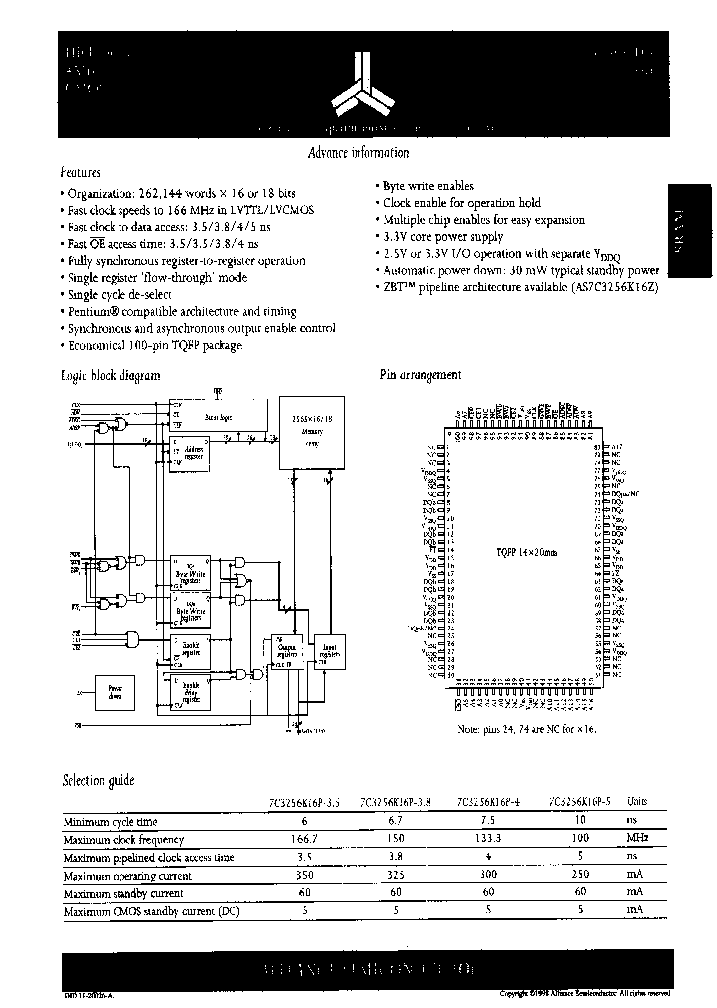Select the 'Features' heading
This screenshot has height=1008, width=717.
point(81,172)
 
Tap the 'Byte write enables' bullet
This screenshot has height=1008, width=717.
point(427,186)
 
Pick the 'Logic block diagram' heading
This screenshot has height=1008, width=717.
point(112,376)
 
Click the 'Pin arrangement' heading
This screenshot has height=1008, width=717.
point(420,376)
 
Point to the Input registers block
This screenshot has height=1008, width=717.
point(327,653)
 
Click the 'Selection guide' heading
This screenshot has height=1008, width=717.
point(99,780)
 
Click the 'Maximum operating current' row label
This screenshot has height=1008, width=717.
point(127,876)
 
